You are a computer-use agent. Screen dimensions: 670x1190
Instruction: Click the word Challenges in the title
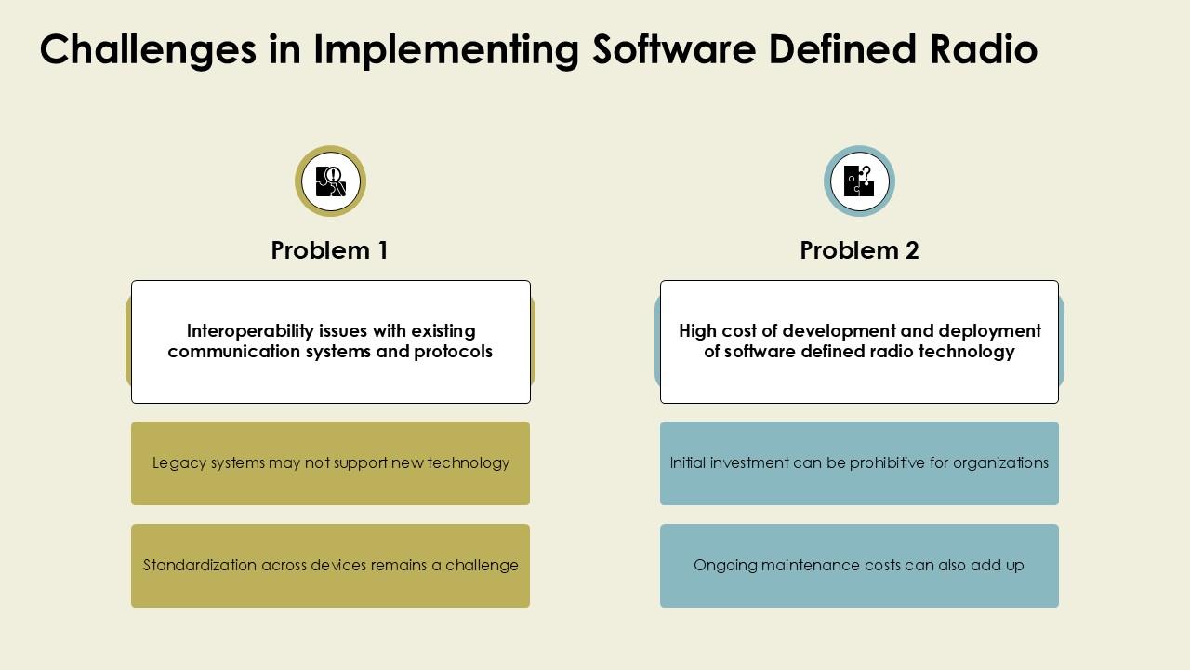148,50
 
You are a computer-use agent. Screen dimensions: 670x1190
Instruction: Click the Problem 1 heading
329,250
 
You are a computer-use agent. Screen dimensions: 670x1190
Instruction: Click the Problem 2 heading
859,250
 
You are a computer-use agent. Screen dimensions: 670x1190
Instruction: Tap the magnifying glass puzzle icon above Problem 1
330,181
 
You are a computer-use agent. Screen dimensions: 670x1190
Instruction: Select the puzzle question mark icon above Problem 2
859,181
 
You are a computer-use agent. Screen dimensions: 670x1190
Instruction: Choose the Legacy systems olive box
330,463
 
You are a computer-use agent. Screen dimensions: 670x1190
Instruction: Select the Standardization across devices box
330,566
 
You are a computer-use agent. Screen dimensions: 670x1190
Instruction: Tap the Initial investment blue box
859,463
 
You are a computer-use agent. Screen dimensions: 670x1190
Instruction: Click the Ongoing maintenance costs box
859,566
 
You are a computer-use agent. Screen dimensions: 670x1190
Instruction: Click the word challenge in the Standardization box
482,566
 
